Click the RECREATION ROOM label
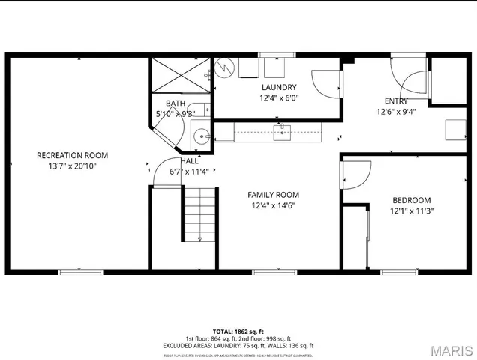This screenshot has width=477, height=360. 67,155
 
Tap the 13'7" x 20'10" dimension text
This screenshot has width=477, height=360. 67,166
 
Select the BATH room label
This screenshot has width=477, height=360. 175,103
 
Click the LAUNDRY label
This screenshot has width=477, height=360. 279,87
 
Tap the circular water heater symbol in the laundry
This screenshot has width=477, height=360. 224,67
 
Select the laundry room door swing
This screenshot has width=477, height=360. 327,82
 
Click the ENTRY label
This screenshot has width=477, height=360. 397,101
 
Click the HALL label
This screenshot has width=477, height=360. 190,161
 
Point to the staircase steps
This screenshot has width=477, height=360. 199,213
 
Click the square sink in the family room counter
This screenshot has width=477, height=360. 281,133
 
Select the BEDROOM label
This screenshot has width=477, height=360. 411,200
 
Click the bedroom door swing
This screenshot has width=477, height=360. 354,175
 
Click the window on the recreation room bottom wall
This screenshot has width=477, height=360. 81,271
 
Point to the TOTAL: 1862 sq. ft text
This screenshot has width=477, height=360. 238,331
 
